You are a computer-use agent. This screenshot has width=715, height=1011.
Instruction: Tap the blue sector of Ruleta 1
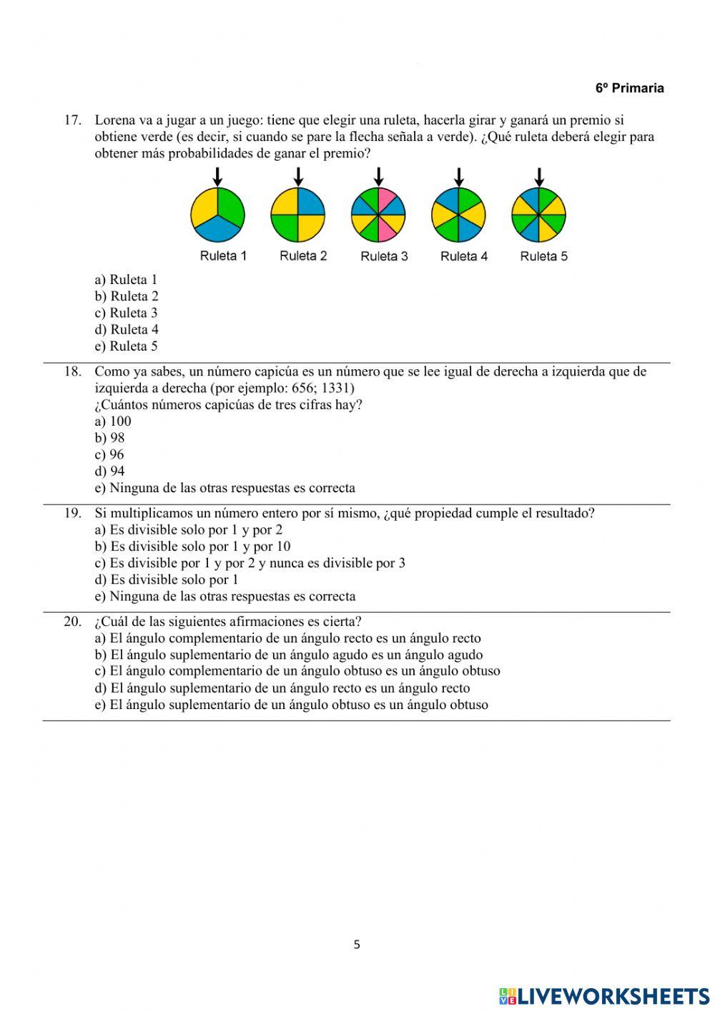[x=218, y=230]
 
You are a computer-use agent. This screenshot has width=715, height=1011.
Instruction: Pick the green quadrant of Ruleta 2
[x=285, y=228]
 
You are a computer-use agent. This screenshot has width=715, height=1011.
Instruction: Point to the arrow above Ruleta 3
[x=379, y=176]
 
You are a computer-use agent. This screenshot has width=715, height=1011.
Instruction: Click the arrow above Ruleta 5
[x=539, y=176]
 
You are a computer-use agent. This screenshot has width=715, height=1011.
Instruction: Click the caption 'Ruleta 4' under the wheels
[x=464, y=256]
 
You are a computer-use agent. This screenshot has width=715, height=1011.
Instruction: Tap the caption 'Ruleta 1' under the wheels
[x=223, y=256]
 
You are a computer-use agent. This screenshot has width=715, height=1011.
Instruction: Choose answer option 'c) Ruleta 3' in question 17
[x=126, y=313]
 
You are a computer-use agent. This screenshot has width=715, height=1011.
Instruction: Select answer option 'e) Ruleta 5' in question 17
[x=126, y=346]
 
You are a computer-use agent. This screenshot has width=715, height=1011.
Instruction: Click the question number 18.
[x=72, y=371]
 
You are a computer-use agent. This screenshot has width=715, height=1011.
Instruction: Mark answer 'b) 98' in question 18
[x=109, y=438]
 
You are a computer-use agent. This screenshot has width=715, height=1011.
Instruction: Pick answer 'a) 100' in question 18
[x=113, y=421]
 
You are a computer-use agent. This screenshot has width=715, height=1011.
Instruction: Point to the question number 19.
[x=72, y=513]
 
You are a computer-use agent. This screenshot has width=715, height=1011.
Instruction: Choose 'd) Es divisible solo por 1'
[x=167, y=580]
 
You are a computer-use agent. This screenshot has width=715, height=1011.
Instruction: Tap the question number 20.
[x=72, y=621]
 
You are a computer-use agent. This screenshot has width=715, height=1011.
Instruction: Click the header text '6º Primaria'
[x=629, y=88]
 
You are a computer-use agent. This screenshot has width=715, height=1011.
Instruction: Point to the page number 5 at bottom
[x=357, y=944]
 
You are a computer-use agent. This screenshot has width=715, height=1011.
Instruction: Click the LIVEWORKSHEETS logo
[x=604, y=996]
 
